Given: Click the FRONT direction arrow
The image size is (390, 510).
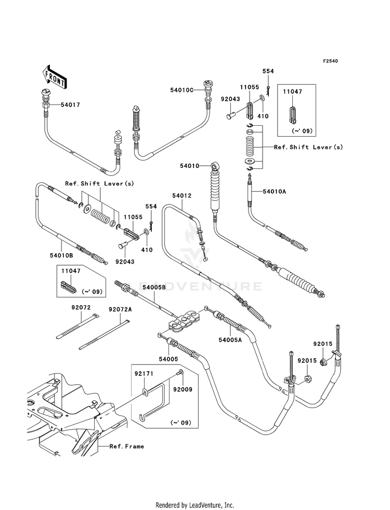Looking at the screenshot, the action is [55, 77].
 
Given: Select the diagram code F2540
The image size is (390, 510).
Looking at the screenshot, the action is [330, 61].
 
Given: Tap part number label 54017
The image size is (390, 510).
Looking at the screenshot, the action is [70, 104].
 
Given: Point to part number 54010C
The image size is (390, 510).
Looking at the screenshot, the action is [181, 89].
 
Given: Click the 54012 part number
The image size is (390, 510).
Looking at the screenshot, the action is [182, 195].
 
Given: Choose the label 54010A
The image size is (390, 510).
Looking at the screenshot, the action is [274, 192].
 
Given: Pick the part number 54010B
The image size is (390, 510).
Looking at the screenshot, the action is [61, 255].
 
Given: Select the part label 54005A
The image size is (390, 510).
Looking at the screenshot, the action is [230, 340].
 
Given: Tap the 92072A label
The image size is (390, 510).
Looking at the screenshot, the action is [120, 309].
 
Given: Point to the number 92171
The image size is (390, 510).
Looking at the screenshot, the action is [144, 374].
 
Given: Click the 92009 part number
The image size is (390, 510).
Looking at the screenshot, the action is [183, 389].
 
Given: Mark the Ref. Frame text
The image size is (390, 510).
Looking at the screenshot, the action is [127, 446].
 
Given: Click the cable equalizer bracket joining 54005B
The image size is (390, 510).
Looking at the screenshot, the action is [184, 322].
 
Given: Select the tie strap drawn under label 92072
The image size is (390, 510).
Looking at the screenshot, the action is [77, 326].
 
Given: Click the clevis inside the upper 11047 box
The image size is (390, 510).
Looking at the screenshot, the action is [292, 115].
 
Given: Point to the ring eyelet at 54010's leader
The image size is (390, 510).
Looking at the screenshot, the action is [215, 166].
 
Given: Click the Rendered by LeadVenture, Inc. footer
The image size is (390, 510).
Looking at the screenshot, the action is [195, 505].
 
